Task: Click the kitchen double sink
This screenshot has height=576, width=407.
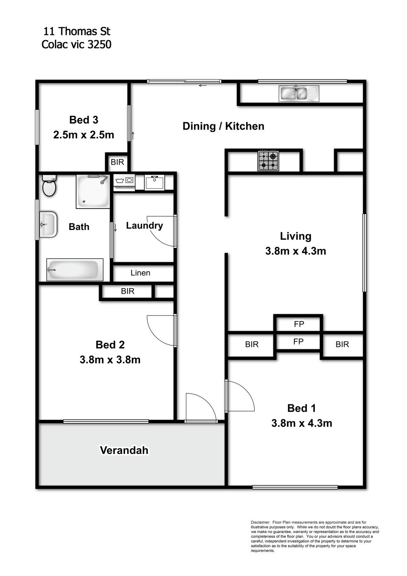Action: pos(299,93)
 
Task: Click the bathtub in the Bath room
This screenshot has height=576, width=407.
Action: pos(75,270)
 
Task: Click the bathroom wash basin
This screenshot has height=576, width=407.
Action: pos(48,225)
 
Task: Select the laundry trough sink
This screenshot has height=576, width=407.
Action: pos(154,182)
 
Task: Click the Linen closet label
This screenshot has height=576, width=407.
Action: pos(140,273)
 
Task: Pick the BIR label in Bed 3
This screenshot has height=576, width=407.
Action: pos(117,162)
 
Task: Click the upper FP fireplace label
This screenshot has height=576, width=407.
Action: pos(299,324)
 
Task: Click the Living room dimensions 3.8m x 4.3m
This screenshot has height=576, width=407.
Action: pos(296,251)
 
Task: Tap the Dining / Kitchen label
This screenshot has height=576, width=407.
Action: pos(223,126)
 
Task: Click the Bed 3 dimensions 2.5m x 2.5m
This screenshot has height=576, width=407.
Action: pos(83,135)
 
